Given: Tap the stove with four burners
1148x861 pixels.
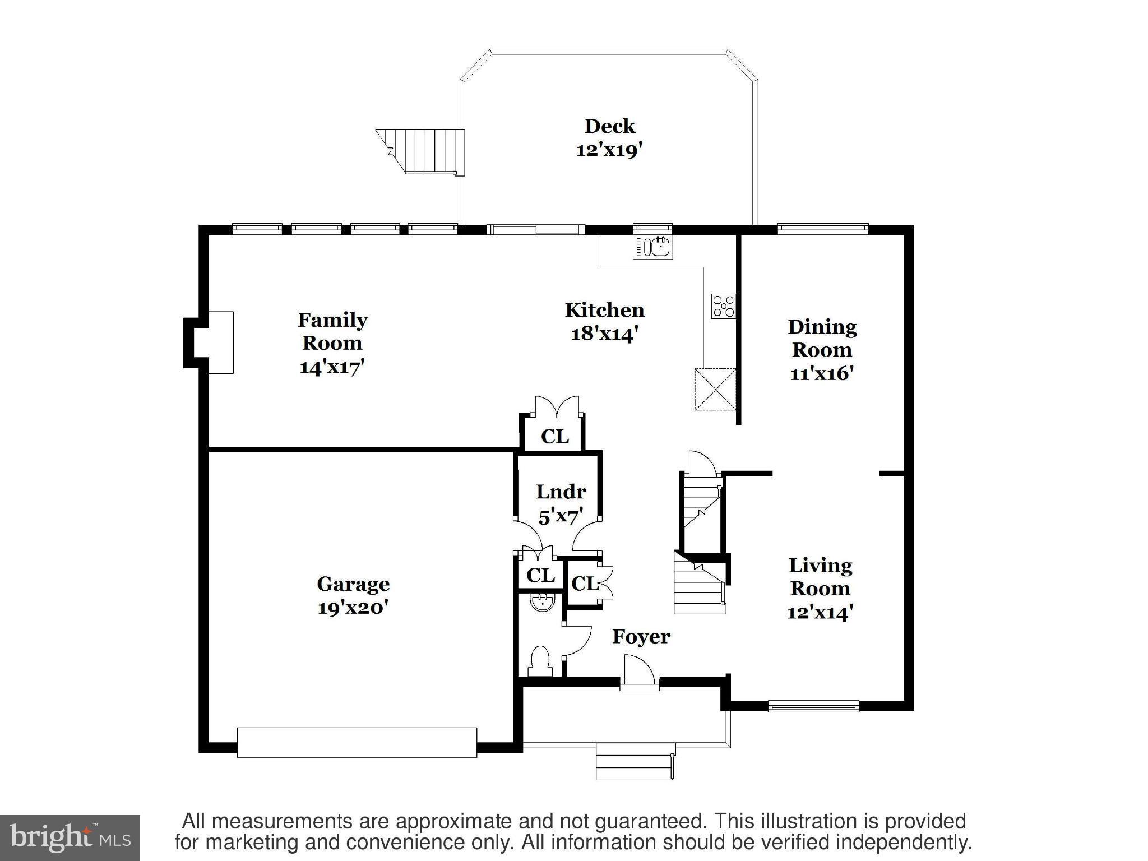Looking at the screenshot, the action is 723,307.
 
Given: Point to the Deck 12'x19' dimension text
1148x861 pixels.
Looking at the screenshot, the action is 609,150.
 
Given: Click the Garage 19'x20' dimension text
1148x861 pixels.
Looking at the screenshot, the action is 353,608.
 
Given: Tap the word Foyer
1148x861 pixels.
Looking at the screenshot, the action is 641,637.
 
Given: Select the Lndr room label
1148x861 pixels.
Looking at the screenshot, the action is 561,492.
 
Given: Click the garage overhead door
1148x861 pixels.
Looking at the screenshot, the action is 357,742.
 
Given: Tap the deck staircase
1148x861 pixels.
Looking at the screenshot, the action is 420,151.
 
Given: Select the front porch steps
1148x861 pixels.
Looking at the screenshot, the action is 635,761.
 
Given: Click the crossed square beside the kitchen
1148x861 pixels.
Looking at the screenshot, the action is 715,389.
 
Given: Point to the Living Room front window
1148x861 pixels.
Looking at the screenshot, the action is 813,706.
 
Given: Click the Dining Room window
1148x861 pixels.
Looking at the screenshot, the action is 823,229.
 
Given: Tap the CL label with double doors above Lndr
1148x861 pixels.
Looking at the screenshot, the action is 555,436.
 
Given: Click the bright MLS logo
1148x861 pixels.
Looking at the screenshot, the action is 70,838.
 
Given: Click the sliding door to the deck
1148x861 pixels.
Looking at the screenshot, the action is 535,229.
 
